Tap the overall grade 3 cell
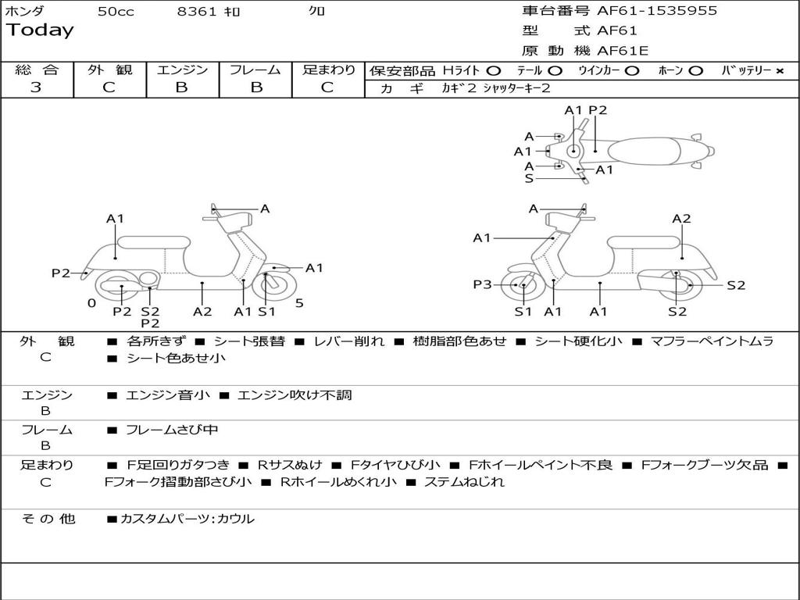tap(36, 87)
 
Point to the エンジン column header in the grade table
tap(182, 70)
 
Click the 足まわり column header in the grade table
tap(328, 70)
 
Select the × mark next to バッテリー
tap(779, 71)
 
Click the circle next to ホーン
tap(696, 71)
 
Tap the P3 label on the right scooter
tap(482, 285)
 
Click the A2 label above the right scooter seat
tap(681, 219)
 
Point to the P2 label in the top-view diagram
tap(598, 110)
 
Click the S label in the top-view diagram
tap(529, 179)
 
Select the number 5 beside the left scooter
tap(299, 303)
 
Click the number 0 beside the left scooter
tap(91, 303)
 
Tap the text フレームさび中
tap(172, 430)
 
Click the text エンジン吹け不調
tap(295, 395)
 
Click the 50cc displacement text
tap(116, 11)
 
